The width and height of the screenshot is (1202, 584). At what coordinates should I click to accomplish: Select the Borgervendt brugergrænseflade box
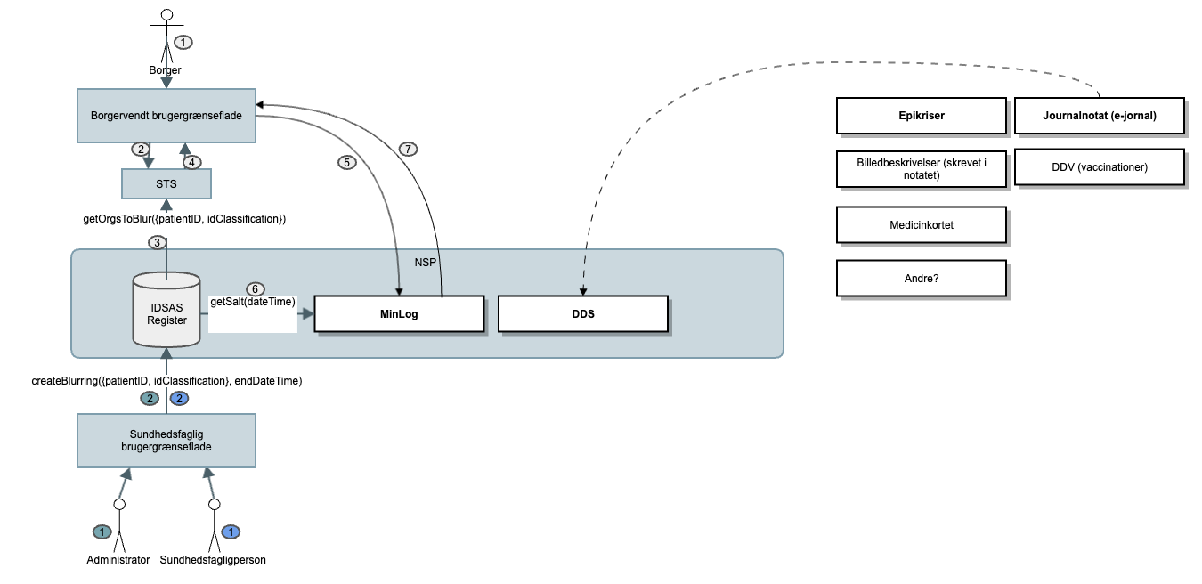[x=166, y=116]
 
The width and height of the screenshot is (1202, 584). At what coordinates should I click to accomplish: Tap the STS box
[x=166, y=183]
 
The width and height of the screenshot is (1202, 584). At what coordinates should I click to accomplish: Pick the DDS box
[x=582, y=314]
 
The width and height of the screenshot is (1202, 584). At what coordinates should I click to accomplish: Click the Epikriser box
[x=922, y=116]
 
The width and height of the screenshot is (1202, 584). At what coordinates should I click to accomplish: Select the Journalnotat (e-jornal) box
[x=1100, y=116]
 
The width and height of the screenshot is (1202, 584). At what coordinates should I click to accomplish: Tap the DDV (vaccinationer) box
[x=1100, y=167]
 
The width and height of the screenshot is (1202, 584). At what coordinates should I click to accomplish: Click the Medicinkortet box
[x=922, y=225]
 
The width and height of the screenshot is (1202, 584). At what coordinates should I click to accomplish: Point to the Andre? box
[x=922, y=278]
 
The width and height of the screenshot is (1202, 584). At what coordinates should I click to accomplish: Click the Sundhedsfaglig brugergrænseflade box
[x=166, y=441]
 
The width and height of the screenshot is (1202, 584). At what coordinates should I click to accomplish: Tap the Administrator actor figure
[x=118, y=525]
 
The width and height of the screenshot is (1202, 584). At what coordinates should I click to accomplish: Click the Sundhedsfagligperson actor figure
[x=214, y=525]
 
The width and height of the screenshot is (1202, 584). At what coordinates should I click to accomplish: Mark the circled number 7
[x=408, y=149]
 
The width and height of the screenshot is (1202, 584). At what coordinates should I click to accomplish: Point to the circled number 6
[x=255, y=289]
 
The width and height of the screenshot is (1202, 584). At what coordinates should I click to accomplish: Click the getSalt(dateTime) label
[x=253, y=303]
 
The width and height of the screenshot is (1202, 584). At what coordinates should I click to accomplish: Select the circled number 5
[x=346, y=163]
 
